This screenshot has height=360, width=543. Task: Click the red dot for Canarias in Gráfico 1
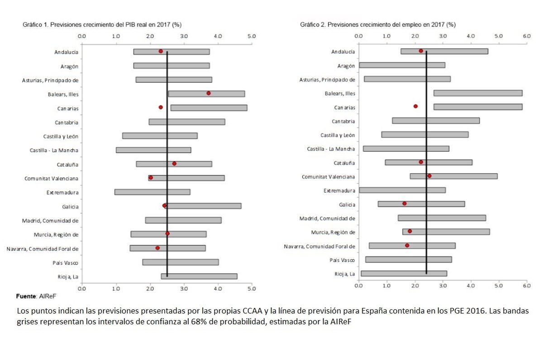coord(161,107)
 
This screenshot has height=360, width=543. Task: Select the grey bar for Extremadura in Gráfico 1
coord(152,192)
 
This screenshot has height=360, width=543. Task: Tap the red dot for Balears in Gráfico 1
coord(209,93)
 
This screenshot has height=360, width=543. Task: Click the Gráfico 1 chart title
coord(105,24)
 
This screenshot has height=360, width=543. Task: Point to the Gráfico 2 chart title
coord(378,24)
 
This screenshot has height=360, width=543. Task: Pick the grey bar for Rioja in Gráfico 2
coord(404,273)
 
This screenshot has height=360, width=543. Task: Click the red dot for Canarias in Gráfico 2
coord(415,106)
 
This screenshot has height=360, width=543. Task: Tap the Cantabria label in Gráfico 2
coord(343,121)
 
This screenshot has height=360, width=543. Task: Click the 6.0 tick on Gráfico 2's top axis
coord(526,35)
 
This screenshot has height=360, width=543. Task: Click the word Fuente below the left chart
coord(26,296)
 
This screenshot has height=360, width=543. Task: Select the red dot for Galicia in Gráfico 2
coord(404,204)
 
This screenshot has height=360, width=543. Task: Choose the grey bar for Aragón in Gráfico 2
coord(402,65)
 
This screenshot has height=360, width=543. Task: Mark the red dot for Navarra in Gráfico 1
coord(157,248)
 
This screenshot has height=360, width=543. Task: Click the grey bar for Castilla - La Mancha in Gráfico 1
coord(153,150)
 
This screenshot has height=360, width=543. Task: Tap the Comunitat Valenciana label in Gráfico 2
coord(328,177)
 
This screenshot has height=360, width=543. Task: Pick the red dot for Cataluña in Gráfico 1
coord(174,163)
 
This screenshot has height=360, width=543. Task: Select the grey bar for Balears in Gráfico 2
coord(478,93)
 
